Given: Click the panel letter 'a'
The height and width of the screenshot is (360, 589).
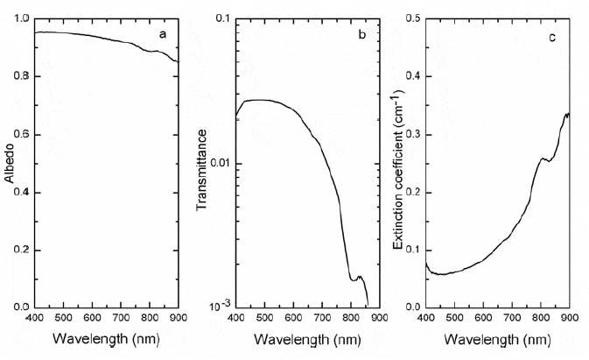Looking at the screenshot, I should pos(162,34).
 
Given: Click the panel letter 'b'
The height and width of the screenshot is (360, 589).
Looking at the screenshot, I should pos(361,34).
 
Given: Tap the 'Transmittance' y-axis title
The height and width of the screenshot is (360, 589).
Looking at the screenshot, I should pos(204,164).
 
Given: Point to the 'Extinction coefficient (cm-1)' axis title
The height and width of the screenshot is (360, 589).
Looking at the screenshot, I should pos(399,163).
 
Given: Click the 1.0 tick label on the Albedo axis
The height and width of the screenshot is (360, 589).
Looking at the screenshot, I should pos(20,18).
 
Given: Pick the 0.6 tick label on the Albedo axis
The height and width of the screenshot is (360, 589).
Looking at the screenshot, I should pos(20,134).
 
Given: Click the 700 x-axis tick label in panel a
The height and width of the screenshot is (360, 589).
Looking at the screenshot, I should pos(121,316).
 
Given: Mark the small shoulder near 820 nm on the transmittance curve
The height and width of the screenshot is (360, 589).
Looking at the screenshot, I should pos(357,278).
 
